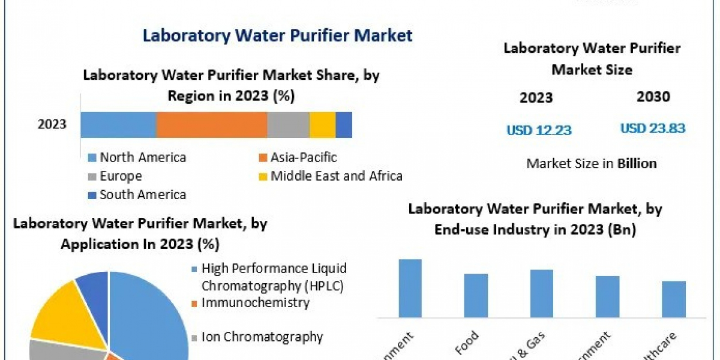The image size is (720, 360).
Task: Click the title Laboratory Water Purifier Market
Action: [x=277, y=35]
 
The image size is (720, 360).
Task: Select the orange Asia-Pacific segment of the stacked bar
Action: [x=211, y=125]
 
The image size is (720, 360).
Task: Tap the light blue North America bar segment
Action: [x=118, y=125]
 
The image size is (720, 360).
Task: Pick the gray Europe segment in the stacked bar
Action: [x=288, y=125]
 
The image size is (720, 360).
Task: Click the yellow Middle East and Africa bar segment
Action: [x=322, y=125]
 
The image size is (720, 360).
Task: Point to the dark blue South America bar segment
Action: [x=344, y=125]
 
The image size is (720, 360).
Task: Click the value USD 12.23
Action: [x=539, y=130]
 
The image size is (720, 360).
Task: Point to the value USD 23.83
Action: [x=652, y=128]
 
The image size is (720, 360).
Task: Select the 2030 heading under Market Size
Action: [x=653, y=97]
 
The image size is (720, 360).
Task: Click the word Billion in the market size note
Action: [x=637, y=163]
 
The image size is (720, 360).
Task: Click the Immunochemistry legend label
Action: [x=255, y=302]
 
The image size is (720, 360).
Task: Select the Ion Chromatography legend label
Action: [x=262, y=337]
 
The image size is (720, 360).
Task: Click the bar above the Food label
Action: [x=476, y=295]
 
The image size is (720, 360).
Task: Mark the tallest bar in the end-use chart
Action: [x=410, y=288]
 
